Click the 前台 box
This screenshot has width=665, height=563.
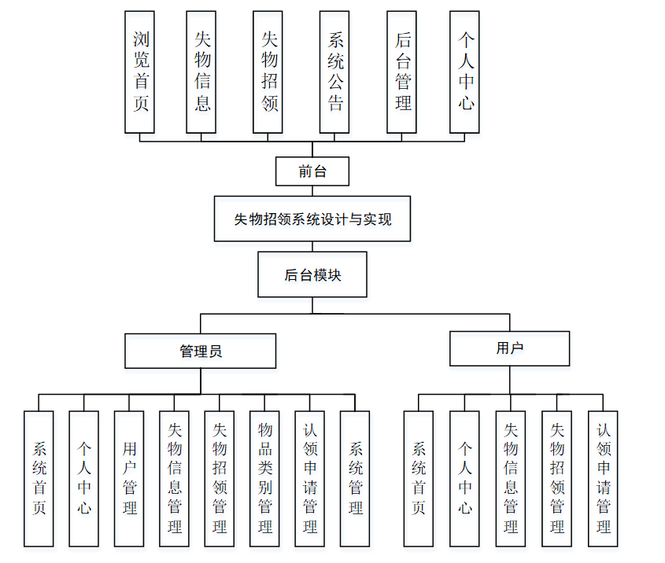coord(312,171)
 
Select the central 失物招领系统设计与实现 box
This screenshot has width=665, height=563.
coord(312,219)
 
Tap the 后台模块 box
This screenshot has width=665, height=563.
coord(312,274)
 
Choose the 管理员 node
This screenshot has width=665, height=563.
coord(201,351)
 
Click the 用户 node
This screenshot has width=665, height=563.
coord(509,348)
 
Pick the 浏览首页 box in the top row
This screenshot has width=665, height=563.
coord(140,72)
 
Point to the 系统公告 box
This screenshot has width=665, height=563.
coord(335,72)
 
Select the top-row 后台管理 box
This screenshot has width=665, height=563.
coord(402,72)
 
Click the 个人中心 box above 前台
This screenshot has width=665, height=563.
coord(465,72)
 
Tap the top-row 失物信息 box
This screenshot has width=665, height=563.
coord(201,72)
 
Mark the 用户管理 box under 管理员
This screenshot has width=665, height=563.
coord(129,478)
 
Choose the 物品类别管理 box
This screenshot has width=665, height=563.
coord(265,478)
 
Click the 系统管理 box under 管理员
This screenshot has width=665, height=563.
coord(355,478)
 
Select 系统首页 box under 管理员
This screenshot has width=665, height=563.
coord(39,478)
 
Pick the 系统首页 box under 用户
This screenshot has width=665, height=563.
coord(419,478)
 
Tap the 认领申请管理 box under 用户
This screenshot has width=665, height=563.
coord(603,478)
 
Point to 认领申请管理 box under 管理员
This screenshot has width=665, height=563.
coord(310,478)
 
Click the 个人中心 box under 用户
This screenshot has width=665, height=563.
coord(464,478)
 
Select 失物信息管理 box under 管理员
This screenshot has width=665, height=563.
coord(174,478)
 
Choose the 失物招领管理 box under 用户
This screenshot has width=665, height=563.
coord(556,478)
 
